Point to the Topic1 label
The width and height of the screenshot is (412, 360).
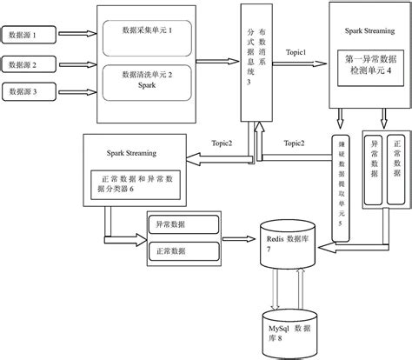[298, 53]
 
